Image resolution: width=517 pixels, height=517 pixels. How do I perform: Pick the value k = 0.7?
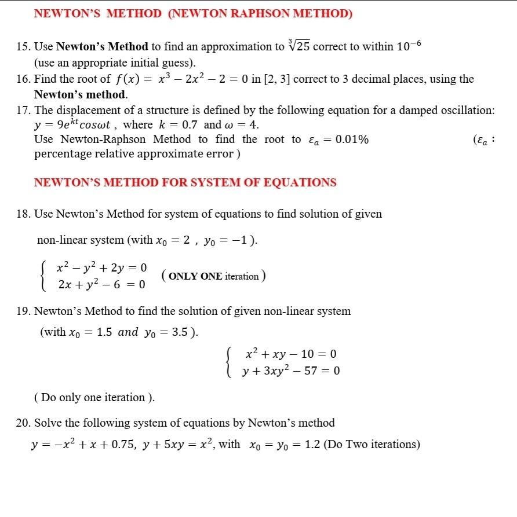click(x=179, y=124)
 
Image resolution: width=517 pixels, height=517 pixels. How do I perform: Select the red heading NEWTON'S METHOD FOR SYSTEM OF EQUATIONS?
click(x=185, y=182)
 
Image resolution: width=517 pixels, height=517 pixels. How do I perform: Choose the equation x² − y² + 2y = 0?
click(x=101, y=267)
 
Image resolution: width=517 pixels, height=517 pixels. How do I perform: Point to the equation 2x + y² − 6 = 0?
click(x=101, y=285)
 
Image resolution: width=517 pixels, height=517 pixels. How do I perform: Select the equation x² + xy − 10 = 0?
click(x=291, y=354)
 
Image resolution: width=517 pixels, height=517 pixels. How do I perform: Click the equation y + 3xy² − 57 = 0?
click(x=291, y=371)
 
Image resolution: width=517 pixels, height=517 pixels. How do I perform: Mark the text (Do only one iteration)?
click(x=95, y=398)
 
